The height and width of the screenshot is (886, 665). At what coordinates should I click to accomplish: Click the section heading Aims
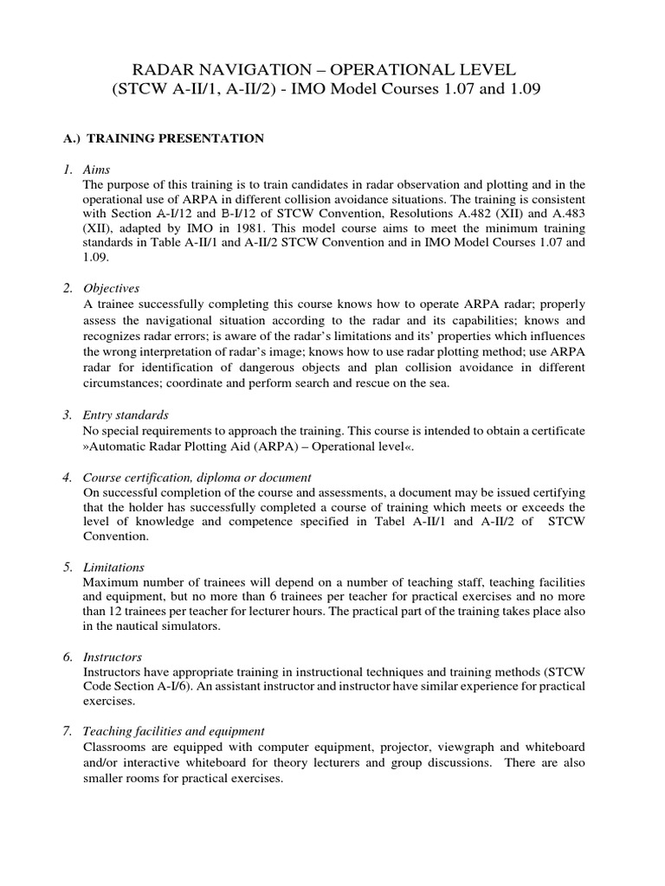click(x=98, y=169)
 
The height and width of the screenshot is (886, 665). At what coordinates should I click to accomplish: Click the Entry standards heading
click(x=126, y=416)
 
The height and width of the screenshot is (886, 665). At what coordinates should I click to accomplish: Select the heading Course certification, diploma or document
click(x=197, y=478)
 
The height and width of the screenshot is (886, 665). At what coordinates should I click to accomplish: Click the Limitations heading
click(x=113, y=568)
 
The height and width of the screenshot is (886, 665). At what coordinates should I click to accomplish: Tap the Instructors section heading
click(x=113, y=658)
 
